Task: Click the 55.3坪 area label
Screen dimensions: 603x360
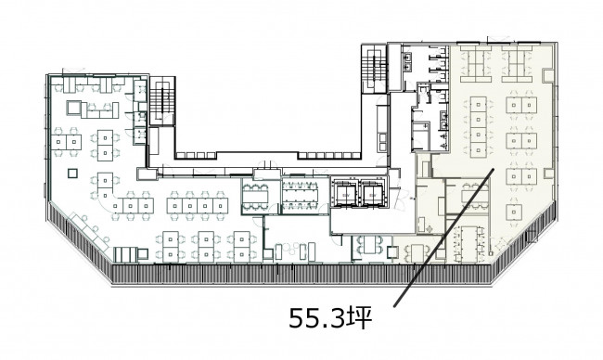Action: [331, 318]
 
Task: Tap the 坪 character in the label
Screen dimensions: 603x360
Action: [359, 318]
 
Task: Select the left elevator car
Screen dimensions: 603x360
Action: [344, 194]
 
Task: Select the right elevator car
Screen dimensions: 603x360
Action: [372, 194]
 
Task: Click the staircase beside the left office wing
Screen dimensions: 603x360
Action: [162, 101]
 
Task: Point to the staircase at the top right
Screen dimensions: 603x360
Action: [374, 69]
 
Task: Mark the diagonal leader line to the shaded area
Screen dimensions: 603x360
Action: [443, 238]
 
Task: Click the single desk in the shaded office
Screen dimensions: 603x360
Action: [514, 212]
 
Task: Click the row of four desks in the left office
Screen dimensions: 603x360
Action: [198, 206]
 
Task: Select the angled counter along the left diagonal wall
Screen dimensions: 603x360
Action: [89, 231]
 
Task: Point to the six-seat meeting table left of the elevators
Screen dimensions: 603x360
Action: [255, 198]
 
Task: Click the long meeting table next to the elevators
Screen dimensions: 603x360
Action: [300, 196]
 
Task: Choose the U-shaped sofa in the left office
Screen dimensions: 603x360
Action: [99, 110]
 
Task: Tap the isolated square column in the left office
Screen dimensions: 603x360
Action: [72, 174]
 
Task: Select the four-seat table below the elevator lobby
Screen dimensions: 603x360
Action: [369, 245]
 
